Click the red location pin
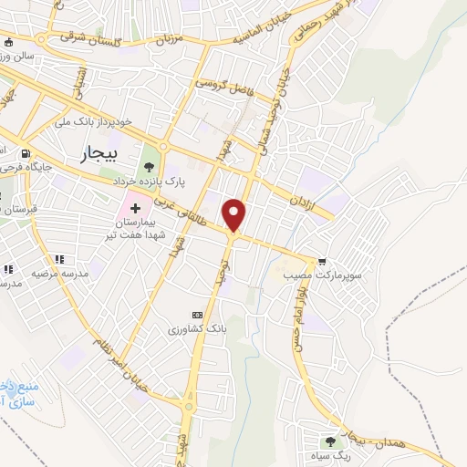tap(236, 215)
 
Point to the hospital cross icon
tap(135, 196)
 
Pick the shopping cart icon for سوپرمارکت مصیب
tap(320, 260)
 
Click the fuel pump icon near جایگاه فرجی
tap(26, 152)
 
